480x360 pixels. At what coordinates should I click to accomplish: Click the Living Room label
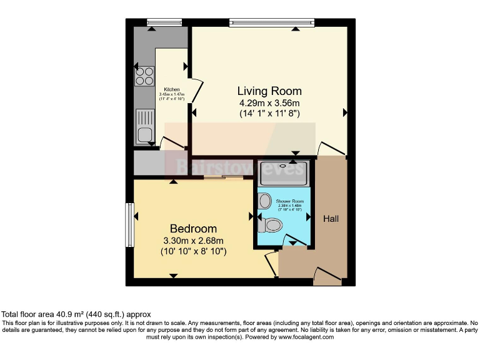coord(269,91)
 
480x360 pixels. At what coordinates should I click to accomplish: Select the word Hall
coord(331,219)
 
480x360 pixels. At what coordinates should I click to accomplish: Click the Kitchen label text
coord(172,89)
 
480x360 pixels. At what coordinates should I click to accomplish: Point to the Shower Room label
coord(289,200)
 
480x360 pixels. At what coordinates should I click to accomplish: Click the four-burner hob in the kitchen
coord(144,76)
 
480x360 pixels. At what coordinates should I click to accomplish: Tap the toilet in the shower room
coord(272,224)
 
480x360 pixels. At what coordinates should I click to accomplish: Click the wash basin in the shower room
coord(264,201)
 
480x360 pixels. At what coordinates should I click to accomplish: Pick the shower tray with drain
coord(283,172)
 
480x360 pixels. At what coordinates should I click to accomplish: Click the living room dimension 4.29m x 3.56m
coord(269,103)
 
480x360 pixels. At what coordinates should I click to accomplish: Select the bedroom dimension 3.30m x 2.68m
coord(193,241)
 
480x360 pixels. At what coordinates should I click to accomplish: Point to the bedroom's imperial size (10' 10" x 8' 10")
coord(193,251)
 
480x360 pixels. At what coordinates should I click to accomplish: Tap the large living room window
coord(272,23)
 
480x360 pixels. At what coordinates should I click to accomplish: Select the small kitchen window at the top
coord(159,23)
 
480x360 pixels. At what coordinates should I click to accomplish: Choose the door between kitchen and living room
coord(196,92)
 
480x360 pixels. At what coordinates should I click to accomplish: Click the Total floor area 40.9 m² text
coord(76,314)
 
